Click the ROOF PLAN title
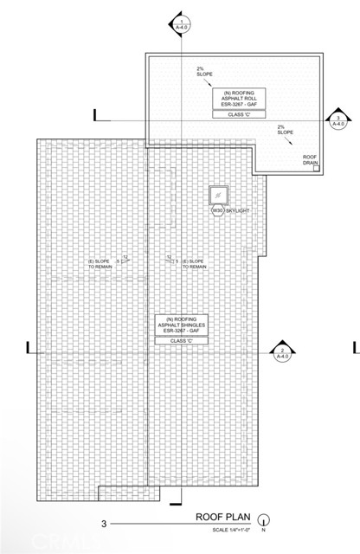[x=222, y=519]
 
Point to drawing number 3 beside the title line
[x=103, y=524]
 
